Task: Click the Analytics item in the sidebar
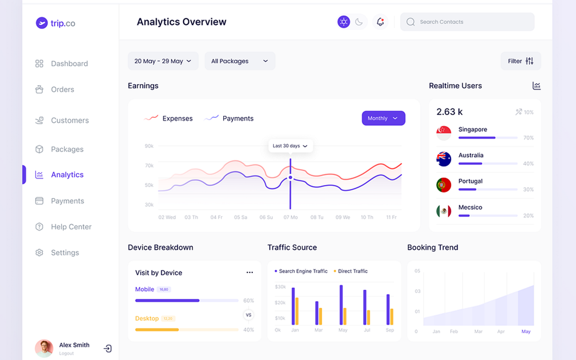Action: coord(67,175)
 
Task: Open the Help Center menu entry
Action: coord(71,227)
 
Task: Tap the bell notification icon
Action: coord(380,22)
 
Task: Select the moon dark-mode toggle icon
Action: coord(359,22)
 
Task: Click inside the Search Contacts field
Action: coord(468,22)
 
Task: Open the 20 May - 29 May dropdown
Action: coord(162,61)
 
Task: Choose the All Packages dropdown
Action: coord(239,61)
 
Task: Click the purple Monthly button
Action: coord(383,118)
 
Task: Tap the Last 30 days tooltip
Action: coord(290,146)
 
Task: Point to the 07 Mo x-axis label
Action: coord(291,217)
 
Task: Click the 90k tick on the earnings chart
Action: coord(149,146)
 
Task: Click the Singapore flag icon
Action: coord(444,133)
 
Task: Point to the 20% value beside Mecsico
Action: coord(528,216)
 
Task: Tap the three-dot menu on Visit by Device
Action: coord(250,273)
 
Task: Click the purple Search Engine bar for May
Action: coord(341,305)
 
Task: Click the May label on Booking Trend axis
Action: coord(526,332)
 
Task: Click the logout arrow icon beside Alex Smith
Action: coord(108,348)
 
